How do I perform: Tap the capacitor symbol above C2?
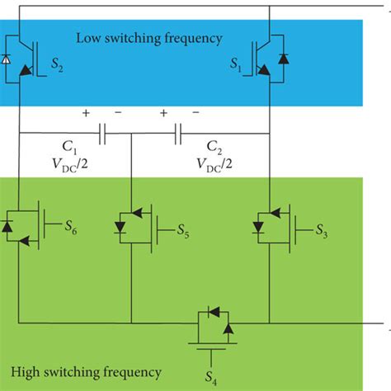coord(177,131)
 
